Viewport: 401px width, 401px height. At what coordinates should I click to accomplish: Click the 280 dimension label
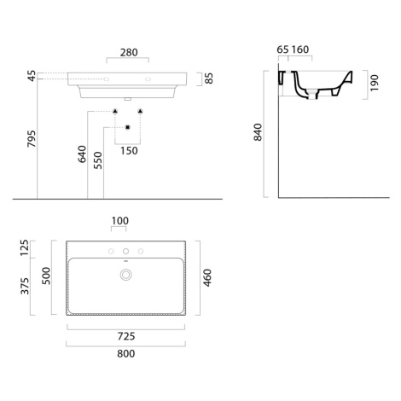pos(129,53)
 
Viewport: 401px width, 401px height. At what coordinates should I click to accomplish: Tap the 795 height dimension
pos(32,139)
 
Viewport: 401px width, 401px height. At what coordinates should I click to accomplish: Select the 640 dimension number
pos(82,154)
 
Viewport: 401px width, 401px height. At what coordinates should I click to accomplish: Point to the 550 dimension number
pos(98,160)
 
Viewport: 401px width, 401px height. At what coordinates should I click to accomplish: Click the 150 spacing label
pos(129,151)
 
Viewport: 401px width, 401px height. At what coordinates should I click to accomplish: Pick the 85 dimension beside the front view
pos(209,78)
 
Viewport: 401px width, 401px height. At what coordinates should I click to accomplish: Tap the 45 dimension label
pos(32,76)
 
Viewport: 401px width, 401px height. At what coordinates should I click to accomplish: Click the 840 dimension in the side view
pos(258,132)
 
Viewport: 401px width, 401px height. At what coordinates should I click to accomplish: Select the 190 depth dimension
pos(375,83)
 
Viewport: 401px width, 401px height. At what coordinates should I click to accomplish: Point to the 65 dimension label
pos(282,49)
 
